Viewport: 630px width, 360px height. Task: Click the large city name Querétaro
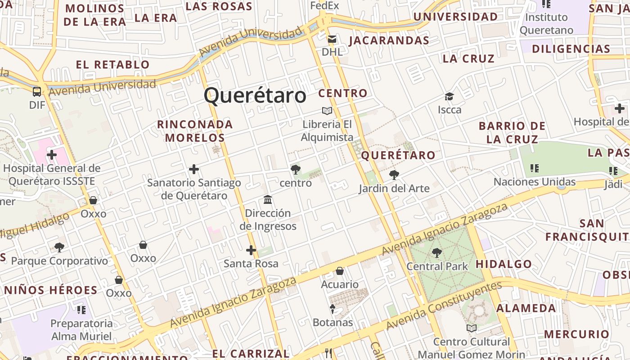click(255, 95)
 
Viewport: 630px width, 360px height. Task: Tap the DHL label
click(332, 52)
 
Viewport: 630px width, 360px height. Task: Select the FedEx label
click(324, 6)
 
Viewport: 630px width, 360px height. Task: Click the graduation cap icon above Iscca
click(449, 97)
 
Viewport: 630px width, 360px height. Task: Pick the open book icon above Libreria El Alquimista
click(327, 111)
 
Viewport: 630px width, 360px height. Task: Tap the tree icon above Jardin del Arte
click(394, 175)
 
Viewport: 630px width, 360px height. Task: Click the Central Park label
click(437, 266)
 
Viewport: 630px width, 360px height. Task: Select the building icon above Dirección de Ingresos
click(268, 199)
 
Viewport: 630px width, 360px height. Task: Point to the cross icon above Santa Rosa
click(251, 250)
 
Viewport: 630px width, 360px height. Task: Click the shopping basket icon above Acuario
click(340, 271)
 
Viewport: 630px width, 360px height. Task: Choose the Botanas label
click(333, 323)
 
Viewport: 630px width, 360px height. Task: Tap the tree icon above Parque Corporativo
click(59, 247)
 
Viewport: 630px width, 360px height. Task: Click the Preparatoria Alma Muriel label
click(81, 330)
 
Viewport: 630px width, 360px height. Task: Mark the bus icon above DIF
click(37, 92)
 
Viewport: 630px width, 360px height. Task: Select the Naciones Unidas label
click(535, 182)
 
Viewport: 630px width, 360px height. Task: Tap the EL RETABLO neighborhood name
click(112, 64)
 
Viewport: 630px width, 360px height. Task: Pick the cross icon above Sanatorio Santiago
click(194, 169)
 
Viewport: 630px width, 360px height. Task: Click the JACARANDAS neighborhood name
click(389, 40)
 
